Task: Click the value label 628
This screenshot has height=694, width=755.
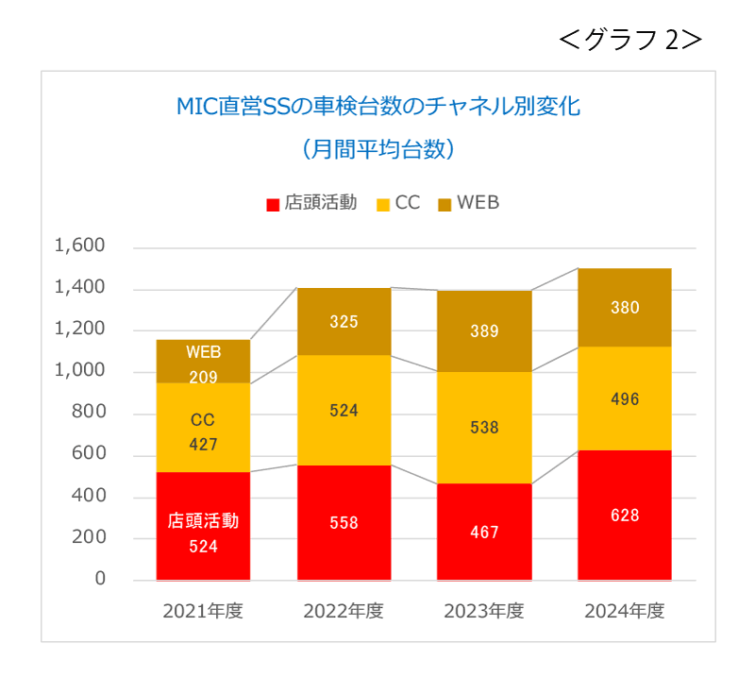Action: click(x=625, y=516)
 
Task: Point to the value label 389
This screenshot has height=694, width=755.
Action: click(x=484, y=331)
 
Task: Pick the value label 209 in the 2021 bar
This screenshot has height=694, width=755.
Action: click(x=203, y=378)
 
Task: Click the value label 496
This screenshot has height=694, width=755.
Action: click(x=625, y=399)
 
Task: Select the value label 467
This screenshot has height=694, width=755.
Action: click(x=484, y=533)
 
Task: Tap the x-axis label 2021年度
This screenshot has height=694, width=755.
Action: click(x=203, y=611)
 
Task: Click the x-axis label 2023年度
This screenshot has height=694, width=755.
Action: click(x=484, y=611)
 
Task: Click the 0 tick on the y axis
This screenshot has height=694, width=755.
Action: click(x=99, y=579)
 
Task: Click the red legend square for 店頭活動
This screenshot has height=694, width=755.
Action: click(x=273, y=204)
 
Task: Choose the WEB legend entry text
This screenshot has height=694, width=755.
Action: click(x=478, y=203)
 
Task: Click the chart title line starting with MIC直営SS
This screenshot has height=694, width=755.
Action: click(x=377, y=106)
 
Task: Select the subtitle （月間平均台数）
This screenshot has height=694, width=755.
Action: click(x=377, y=148)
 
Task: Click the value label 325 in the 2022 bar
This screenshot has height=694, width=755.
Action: click(x=344, y=322)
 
